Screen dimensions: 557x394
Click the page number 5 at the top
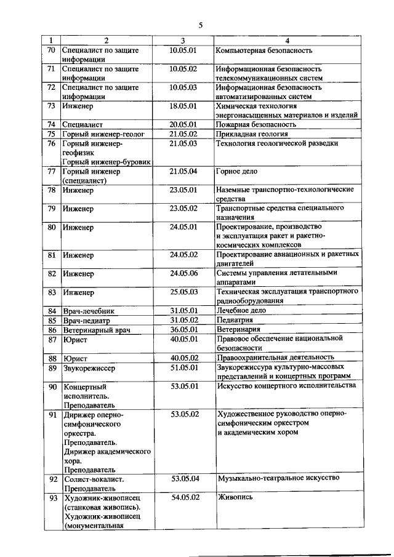point(200,25)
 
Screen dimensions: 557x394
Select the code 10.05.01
point(183,50)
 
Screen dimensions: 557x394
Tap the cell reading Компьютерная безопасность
point(264,50)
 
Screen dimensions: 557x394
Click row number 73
point(52,106)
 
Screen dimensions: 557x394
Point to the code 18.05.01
point(183,106)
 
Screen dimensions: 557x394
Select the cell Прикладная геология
point(252,134)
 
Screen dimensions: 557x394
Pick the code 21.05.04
point(183,171)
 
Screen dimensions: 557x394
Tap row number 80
point(52,227)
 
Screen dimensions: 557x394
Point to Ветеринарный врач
point(97,330)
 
